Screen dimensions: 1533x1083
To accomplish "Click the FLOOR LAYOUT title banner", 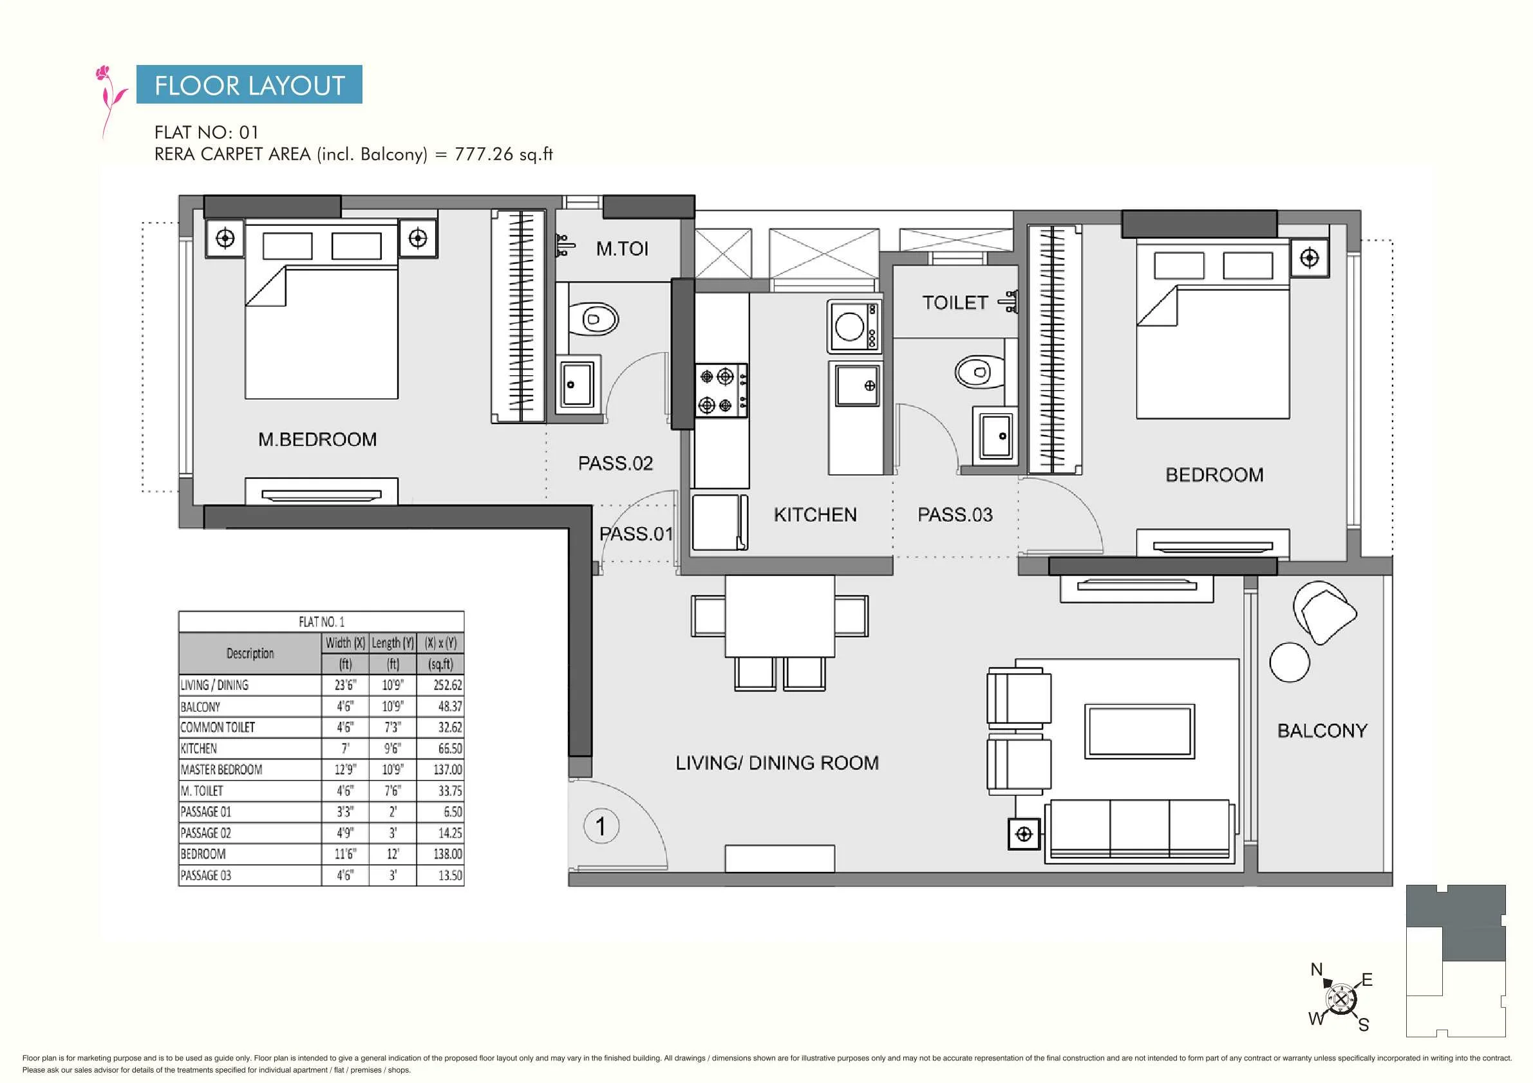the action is [x=249, y=84].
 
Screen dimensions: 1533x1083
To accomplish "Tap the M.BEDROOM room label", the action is [x=317, y=439].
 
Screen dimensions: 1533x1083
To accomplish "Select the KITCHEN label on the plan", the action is [x=814, y=515].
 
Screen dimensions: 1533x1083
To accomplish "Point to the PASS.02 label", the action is [x=615, y=463].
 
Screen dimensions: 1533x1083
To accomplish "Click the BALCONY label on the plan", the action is [x=1322, y=730].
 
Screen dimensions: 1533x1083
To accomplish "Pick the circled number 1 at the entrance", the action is [x=601, y=826].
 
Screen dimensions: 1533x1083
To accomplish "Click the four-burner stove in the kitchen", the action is [x=721, y=391].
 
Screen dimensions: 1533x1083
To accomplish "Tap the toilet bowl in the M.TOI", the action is [x=592, y=320].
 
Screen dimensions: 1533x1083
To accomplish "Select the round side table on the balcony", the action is [x=1289, y=662].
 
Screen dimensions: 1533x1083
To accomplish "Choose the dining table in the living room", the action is [x=779, y=616].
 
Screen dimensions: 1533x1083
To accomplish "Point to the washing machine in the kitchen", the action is [x=854, y=326].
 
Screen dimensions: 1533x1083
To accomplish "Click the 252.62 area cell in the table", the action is [x=447, y=685].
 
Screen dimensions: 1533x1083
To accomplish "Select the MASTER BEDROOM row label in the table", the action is [x=221, y=770].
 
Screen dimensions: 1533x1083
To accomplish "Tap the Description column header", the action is [x=250, y=653].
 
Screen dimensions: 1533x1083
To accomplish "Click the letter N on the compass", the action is [x=1316, y=969].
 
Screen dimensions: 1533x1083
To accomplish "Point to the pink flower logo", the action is [x=111, y=100].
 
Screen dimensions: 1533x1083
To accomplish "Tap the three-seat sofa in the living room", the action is [x=1140, y=831].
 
